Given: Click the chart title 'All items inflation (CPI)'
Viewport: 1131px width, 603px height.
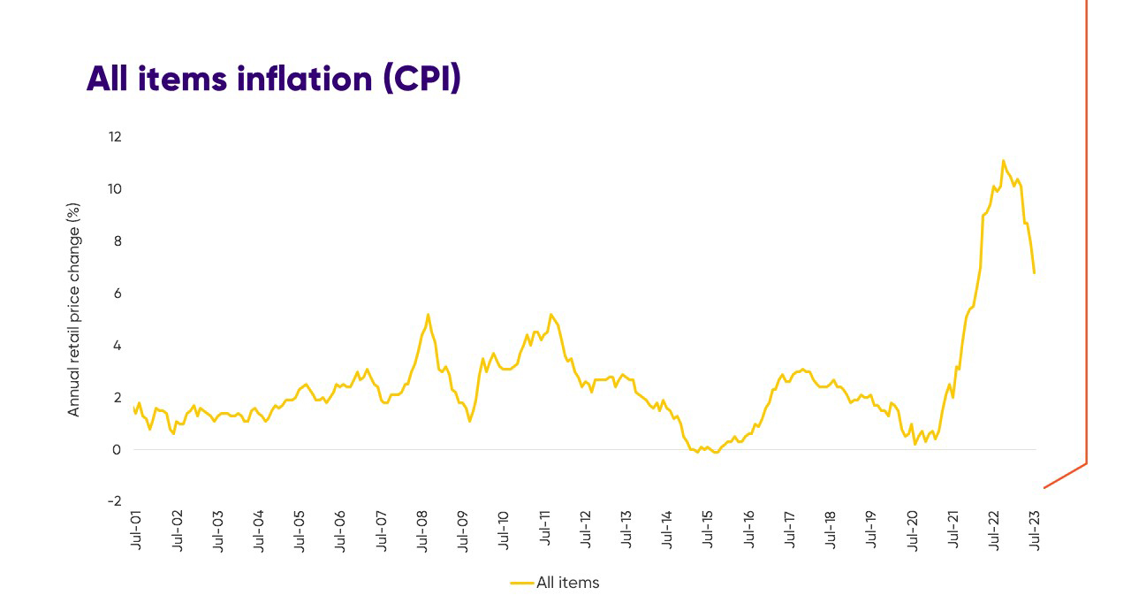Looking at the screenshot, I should point(274,79).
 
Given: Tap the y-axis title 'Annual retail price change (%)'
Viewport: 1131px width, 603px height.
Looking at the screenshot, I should point(74,309).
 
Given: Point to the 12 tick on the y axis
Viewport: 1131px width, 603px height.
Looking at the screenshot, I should point(115,137).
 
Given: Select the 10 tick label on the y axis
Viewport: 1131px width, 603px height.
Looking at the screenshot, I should point(115,189).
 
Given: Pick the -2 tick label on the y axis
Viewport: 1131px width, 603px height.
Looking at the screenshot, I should point(115,501).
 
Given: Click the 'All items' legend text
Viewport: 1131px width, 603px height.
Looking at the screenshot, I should point(567,583).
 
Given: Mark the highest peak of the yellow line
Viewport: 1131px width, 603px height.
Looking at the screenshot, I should point(1003,160).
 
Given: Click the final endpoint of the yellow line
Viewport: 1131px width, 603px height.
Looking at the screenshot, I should point(1034,272).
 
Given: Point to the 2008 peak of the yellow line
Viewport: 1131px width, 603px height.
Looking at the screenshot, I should point(428,314).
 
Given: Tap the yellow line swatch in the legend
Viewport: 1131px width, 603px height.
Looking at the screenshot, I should point(521,583).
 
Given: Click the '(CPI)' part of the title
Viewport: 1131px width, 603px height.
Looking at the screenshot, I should point(421,79).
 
